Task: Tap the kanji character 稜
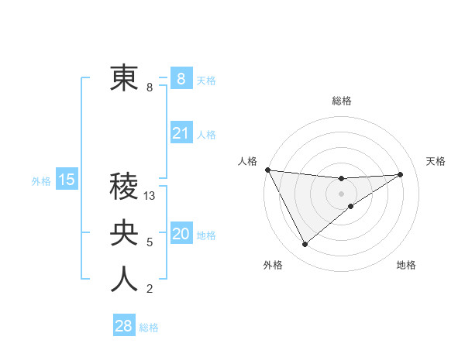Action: tap(124, 187)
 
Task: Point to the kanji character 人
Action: tap(124, 280)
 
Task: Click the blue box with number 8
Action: tap(181, 78)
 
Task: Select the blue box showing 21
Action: tap(181, 133)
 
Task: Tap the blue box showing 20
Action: tap(181, 234)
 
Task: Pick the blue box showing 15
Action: tap(67, 180)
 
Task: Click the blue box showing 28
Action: tap(124, 326)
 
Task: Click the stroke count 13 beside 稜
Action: tap(150, 197)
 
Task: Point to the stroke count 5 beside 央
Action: tap(149, 243)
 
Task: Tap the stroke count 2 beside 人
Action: tap(149, 290)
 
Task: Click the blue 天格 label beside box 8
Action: tap(206, 80)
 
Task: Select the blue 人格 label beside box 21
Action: tap(206, 135)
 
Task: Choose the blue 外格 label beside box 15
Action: tap(41, 182)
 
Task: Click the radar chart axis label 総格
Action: tap(342, 101)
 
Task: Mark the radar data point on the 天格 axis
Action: tap(400, 174)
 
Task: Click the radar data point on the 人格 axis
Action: tap(267, 170)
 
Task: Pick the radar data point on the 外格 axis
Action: tap(305, 245)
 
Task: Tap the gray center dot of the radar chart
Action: tap(342, 193)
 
